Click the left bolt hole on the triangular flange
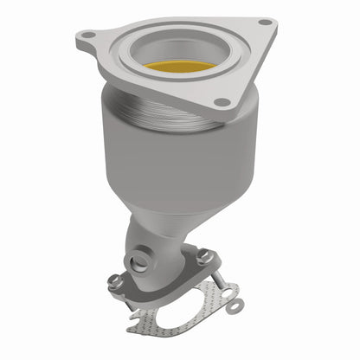click(86, 35)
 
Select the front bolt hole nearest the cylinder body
click(222, 102)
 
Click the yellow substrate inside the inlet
click(179, 67)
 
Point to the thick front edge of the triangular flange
click(156, 82)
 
